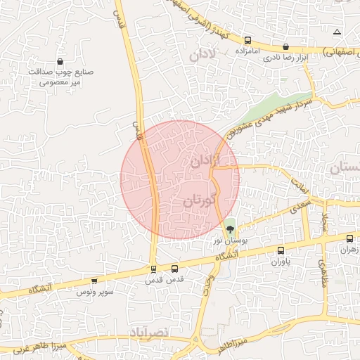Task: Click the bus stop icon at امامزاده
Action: point(248,40)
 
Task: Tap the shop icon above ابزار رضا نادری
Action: point(285,47)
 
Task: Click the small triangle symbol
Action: point(337,32)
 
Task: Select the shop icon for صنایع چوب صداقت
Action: point(60,61)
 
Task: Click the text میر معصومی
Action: point(62,82)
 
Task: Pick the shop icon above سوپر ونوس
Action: point(94,281)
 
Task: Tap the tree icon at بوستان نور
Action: point(230,229)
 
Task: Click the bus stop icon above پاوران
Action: point(281,250)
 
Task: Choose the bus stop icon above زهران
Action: point(349,238)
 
